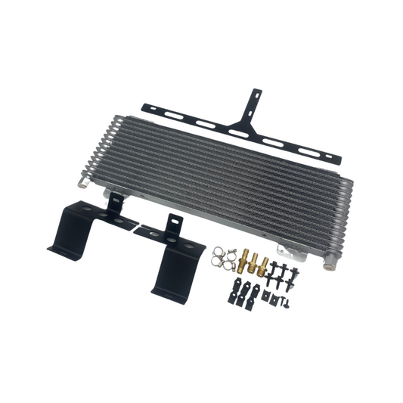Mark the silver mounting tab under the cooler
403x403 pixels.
282,250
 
